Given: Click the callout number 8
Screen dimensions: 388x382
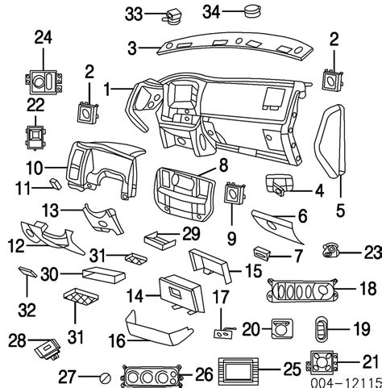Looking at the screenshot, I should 223,167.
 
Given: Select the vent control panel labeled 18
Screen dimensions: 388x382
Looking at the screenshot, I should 298,290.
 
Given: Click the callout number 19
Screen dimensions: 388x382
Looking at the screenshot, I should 359,328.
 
